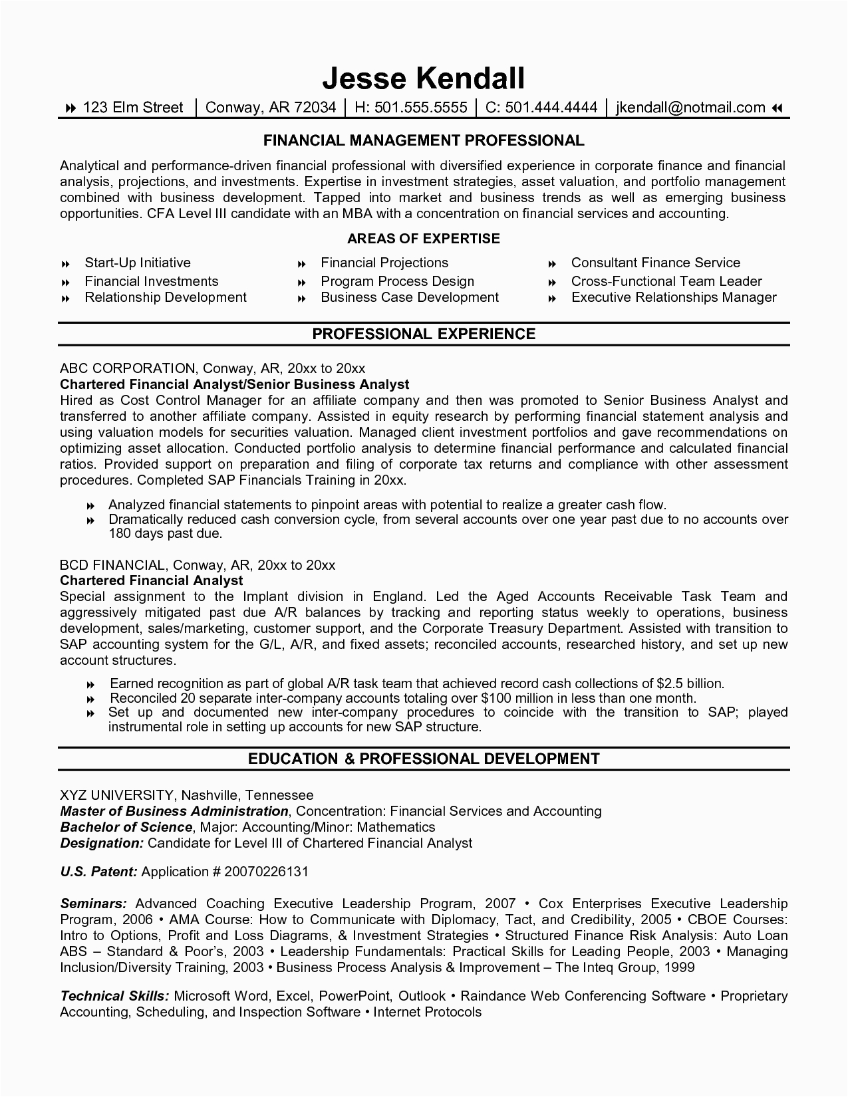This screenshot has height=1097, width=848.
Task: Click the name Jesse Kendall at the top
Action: pyautogui.click(x=424, y=78)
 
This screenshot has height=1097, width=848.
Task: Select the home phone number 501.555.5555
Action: pyautogui.click(x=410, y=108)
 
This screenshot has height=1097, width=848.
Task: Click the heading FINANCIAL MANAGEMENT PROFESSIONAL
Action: pyautogui.click(x=424, y=140)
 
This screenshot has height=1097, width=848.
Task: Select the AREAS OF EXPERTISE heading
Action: pyautogui.click(x=424, y=239)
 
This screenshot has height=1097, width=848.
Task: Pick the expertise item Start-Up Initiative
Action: pyautogui.click(x=138, y=263)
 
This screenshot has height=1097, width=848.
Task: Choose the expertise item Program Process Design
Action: pyautogui.click(x=397, y=281)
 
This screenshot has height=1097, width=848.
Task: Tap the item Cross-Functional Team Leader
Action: pyautogui.click(x=666, y=281)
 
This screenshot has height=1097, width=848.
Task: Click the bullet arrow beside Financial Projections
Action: pyautogui.click(x=302, y=264)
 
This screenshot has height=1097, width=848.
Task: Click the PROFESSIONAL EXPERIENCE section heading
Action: pyautogui.click(x=424, y=334)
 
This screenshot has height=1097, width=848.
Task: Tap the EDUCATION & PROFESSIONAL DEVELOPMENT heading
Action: pyautogui.click(x=424, y=759)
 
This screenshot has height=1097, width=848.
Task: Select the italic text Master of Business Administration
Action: pyautogui.click(x=174, y=811)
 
